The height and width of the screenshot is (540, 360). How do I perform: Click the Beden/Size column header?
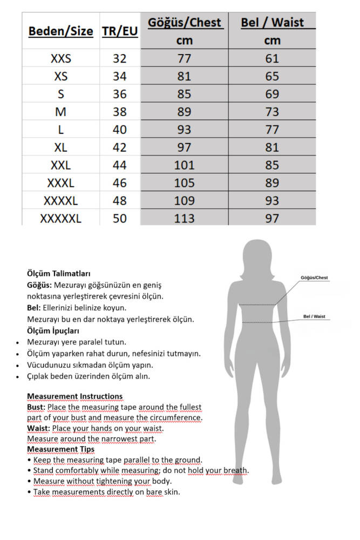pos(60,31)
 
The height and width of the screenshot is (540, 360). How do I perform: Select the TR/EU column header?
pos(119,31)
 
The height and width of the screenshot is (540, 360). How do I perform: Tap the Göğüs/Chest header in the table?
pos(184,23)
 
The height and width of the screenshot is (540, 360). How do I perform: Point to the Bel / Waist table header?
pos(272,23)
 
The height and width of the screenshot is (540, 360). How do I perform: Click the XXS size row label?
pos(60,58)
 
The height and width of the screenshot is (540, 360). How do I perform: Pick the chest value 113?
pos(184,218)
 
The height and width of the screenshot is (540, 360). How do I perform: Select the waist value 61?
pos(272,58)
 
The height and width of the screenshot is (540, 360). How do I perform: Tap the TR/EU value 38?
pos(119,112)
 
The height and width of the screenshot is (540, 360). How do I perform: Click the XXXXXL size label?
pos(60,218)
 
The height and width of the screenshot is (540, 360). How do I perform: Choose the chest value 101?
pos(184,165)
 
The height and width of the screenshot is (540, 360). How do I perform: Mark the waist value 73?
pos(272,112)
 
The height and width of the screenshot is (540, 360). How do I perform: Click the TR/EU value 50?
pos(119,218)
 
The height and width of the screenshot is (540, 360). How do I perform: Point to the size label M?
pos(60,112)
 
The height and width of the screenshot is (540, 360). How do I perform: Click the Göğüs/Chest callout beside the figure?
pos(314,278)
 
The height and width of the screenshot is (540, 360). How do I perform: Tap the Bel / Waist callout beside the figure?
pos(314,316)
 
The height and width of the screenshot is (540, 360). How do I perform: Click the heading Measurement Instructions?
pos(74,396)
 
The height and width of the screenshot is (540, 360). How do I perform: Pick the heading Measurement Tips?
pos(60,449)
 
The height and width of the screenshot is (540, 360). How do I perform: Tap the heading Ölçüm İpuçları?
pos(53,330)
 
